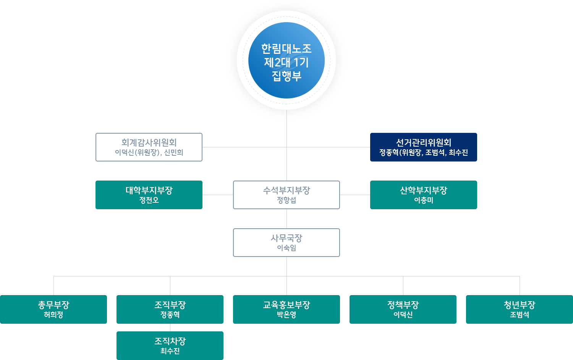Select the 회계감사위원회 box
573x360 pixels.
[x=149, y=147]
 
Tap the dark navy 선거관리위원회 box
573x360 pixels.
[x=423, y=147]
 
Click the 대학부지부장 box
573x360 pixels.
[x=149, y=195]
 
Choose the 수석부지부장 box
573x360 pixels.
[x=286, y=195]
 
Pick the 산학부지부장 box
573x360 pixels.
[x=423, y=195]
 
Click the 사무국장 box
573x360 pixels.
[x=286, y=242]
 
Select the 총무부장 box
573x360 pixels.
[x=53, y=309]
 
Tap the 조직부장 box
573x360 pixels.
[x=170, y=309]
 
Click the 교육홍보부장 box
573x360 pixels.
[x=286, y=309]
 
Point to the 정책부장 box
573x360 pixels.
[x=403, y=309]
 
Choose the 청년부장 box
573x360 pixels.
[x=520, y=309]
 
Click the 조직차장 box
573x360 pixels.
[x=170, y=345]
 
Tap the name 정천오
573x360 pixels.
[x=149, y=200]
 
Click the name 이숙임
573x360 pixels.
[x=286, y=248]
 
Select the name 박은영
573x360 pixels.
[x=286, y=315]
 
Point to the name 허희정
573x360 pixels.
[x=53, y=315]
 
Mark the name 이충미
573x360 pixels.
[x=423, y=200]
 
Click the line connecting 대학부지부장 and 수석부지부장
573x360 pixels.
[x=218, y=195]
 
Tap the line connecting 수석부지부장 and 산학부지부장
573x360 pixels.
[x=354, y=195]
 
